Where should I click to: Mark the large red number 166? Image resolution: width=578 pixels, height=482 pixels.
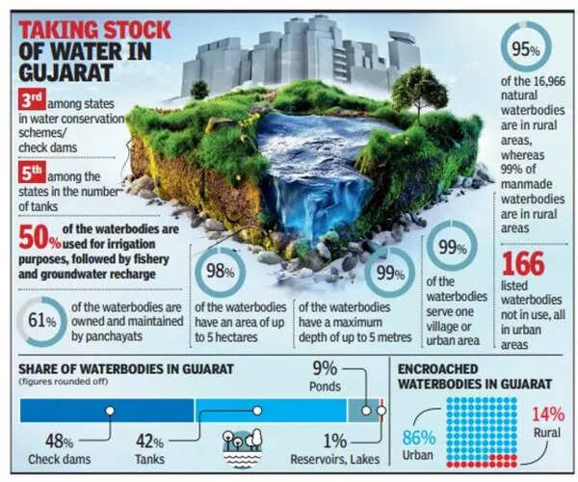523,265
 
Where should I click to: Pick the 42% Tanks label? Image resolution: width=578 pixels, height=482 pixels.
150,449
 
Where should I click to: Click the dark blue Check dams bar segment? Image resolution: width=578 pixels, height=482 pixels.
107,411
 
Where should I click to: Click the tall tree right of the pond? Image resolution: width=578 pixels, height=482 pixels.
420,92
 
